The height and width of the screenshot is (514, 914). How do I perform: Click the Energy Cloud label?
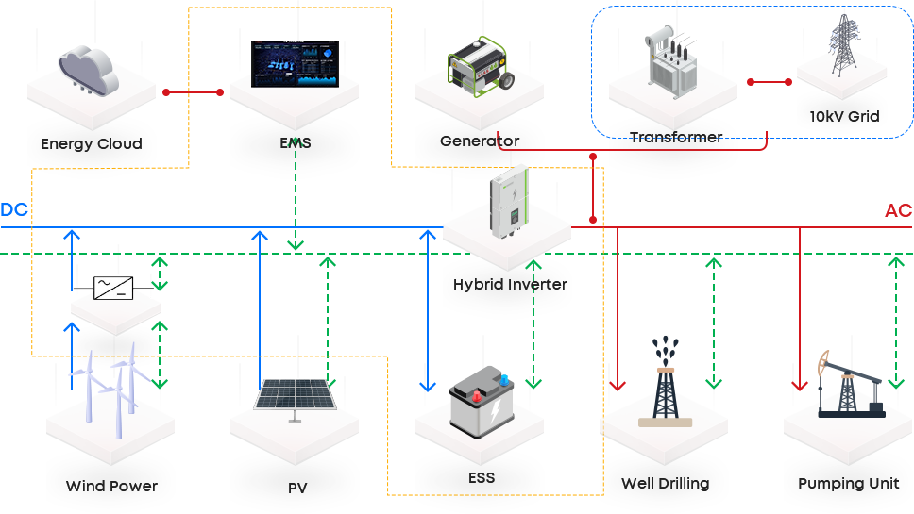click(92, 144)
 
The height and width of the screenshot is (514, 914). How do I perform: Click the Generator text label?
click(480, 141)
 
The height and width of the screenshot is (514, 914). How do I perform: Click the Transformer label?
click(676, 138)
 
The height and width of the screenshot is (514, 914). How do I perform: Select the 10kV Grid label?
click(844, 117)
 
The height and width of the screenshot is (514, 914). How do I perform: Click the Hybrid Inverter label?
click(510, 284)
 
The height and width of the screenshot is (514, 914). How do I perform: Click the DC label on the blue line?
click(14, 210)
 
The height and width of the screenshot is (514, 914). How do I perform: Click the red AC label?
click(898, 210)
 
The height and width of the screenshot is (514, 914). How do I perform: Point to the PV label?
click(297, 489)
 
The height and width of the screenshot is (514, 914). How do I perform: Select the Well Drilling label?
click(665, 484)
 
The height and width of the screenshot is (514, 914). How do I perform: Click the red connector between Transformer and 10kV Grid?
click(768, 82)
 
